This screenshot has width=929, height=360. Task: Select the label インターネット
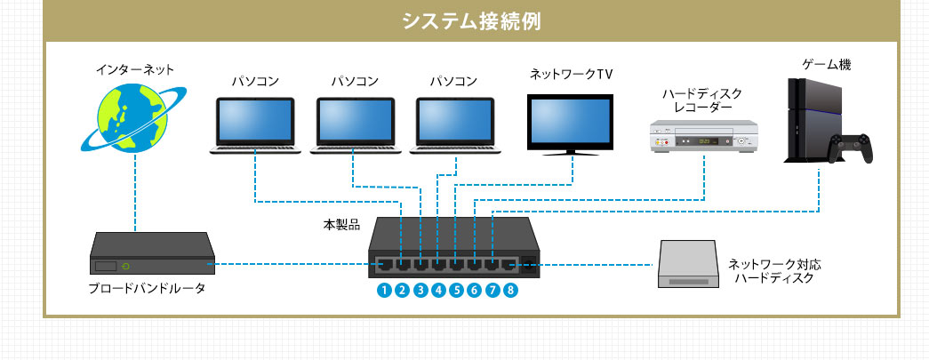coord(134,68)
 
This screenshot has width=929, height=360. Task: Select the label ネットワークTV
coord(572,75)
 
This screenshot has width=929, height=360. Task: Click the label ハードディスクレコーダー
coord(702,99)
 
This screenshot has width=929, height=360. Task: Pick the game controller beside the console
coord(851,149)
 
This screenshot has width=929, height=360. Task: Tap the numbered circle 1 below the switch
coord(383,290)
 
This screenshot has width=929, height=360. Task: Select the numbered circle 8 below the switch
coord(509,290)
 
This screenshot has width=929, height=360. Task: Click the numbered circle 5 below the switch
coord(455,290)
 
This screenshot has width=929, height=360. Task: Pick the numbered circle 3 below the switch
coord(420,290)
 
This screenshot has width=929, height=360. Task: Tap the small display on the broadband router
coord(107,266)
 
